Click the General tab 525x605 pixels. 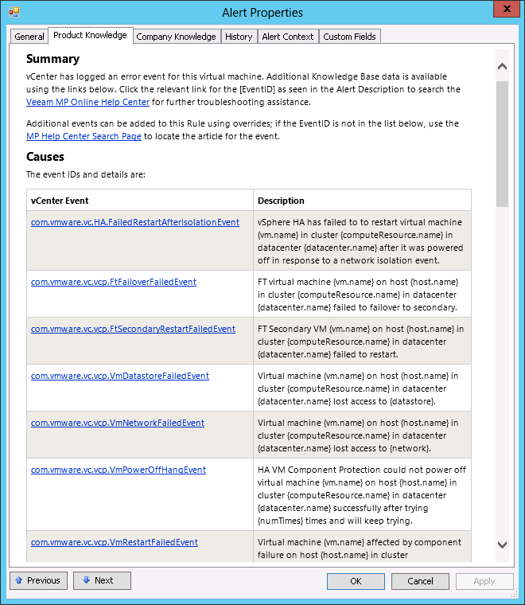(29, 37)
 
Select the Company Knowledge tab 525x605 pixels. (176, 37)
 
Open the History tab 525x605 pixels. (239, 37)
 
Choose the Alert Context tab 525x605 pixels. (287, 37)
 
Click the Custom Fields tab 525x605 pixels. (350, 37)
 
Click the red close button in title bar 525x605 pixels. (503, 10)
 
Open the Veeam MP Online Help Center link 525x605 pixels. (87, 102)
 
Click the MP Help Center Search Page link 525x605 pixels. (84, 136)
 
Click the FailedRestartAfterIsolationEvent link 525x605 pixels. (134, 222)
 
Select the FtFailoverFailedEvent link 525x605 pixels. (113, 282)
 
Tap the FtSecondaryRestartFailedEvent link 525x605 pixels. (133, 329)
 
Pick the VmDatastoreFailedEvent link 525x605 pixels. (119, 376)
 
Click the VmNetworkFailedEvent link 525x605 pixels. (117, 423)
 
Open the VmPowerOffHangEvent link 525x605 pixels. (118, 470)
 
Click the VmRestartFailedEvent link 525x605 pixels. (114, 542)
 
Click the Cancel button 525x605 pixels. (421, 581)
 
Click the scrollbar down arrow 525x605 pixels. (502, 544)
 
